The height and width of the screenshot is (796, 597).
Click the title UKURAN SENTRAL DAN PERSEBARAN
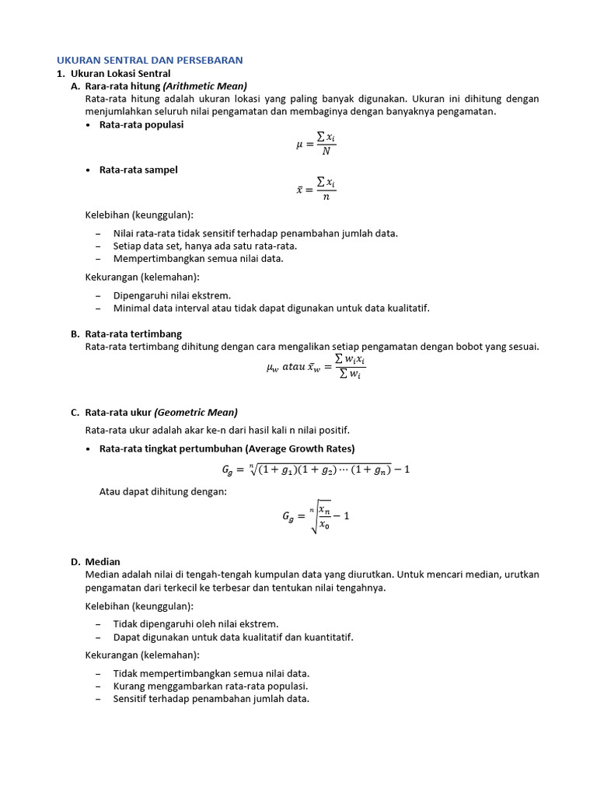(150, 60)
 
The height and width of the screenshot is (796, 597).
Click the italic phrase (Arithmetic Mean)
(205, 86)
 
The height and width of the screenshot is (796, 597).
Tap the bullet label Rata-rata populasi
(141, 124)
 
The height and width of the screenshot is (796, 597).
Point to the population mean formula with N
(316, 144)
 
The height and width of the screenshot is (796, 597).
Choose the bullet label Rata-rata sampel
(138, 170)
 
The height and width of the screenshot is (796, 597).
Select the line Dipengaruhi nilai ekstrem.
(172, 295)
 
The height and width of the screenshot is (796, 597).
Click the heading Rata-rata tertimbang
(133, 334)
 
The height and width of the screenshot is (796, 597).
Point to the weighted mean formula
(316, 366)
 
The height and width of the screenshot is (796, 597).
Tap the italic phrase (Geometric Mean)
(196, 412)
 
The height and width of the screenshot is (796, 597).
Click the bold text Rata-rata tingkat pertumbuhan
(171, 449)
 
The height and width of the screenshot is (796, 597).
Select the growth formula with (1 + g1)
(316, 469)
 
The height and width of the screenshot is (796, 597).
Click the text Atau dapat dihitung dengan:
(163, 491)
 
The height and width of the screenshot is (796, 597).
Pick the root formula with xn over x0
(316, 515)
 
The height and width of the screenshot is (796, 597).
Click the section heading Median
(103, 562)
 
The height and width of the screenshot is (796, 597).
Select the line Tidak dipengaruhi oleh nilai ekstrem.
(196, 624)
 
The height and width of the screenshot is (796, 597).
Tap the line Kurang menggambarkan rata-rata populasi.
(211, 686)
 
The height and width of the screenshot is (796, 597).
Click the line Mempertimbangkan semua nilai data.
(198, 259)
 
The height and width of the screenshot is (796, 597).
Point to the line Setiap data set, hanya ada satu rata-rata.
(205, 246)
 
